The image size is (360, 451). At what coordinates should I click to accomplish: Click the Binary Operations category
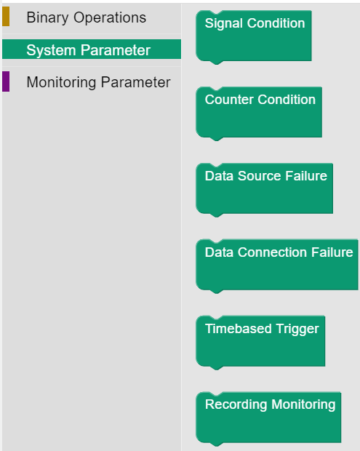(87, 17)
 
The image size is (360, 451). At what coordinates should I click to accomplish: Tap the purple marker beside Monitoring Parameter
(6, 81)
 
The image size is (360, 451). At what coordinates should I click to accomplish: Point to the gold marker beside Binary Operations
(6, 17)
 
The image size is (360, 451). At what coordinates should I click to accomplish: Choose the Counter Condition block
(259, 113)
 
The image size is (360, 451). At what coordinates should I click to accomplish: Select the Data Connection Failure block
(277, 266)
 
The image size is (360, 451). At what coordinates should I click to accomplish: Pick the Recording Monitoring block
(268, 418)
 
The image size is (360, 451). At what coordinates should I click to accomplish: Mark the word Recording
(236, 404)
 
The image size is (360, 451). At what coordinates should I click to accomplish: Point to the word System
(51, 51)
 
